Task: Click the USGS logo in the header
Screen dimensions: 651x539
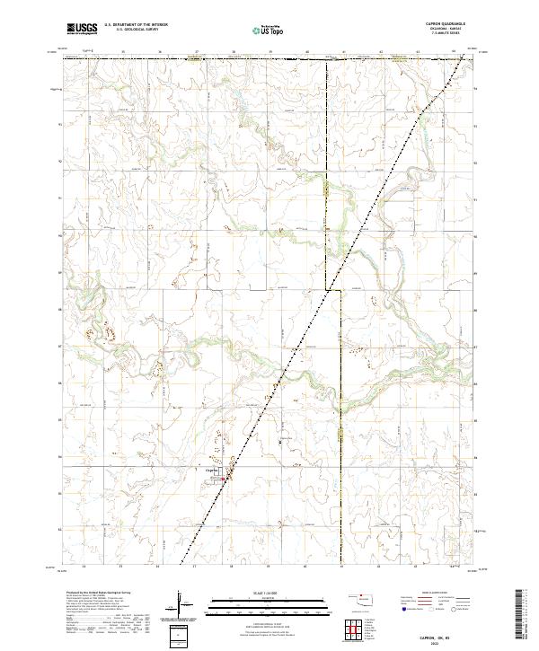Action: click(82, 31)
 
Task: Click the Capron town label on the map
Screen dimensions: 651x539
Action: click(213, 470)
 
